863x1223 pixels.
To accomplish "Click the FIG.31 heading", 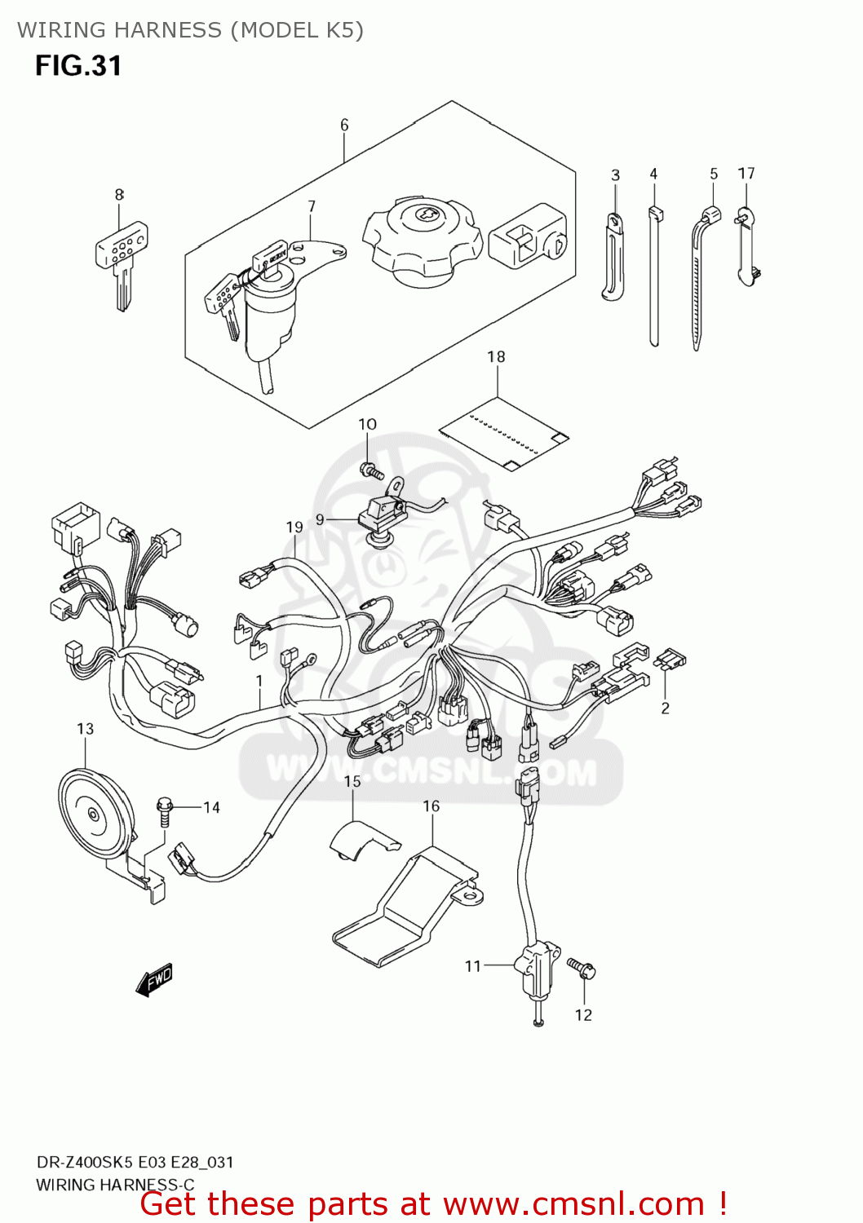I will click(x=78, y=66).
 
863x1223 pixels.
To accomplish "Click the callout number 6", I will click(x=344, y=125).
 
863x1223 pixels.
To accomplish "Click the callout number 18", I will click(x=496, y=356).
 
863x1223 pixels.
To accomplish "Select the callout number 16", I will click(x=431, y=806).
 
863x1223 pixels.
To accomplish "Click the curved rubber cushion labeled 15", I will click(x=362, y=840).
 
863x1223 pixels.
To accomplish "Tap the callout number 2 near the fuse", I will click(x=665, y=708).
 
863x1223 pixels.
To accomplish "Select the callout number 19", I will click(x=294, y=528).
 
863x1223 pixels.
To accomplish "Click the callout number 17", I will click(x=746, y=173).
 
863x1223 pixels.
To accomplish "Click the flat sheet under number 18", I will click(x=504, y=434).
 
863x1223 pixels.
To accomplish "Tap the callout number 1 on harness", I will click(x=259, y=680).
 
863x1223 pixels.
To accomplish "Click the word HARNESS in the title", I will click(x=167, y=30).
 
